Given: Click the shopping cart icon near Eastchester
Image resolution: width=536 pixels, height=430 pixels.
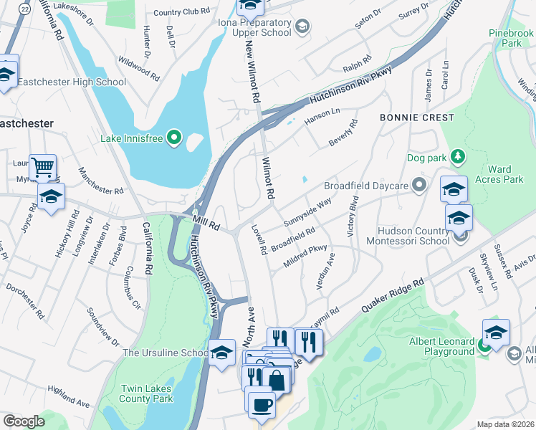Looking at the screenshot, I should [x=42, y=168].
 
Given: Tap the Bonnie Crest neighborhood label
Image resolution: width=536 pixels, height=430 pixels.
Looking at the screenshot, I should [x=416, y=118].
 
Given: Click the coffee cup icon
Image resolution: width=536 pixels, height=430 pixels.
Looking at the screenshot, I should [x=262, y=404].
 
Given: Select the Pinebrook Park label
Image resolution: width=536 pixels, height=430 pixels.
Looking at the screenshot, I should [x=511, y=38].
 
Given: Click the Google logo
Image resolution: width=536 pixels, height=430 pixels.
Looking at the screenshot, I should [x=24, y=421].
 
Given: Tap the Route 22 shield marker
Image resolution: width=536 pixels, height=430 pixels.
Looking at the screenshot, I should [x=25, y=9].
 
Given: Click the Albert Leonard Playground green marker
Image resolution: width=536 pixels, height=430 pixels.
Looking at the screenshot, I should [x=484, y=345].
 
